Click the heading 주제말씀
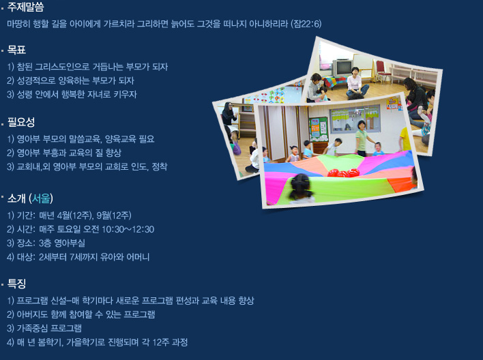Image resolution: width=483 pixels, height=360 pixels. coord(25,7)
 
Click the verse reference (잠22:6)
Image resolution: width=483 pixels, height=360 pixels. coord(306,24)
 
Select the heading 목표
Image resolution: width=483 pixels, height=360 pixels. coord(16,50)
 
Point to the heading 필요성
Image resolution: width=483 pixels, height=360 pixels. coord(21,122)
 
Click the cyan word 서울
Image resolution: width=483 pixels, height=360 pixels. coord(41,198)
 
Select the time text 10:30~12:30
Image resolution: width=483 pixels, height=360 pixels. coord(128,229)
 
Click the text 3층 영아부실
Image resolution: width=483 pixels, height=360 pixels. coord(61,243)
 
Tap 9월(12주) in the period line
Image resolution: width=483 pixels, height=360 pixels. coord(114,215)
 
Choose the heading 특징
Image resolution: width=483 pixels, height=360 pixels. coord(16,284)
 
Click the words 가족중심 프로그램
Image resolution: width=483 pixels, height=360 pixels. coord(49,328)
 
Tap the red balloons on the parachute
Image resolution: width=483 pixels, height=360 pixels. coord(343,172)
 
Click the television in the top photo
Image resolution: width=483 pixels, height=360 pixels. coord(342,67)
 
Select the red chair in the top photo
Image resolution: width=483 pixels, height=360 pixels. coord(381,72)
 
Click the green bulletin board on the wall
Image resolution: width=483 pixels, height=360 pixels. coord(318,129)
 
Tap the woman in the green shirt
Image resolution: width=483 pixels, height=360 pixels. coord(362,138)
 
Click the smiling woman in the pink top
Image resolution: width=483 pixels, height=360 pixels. coord(356,82)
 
